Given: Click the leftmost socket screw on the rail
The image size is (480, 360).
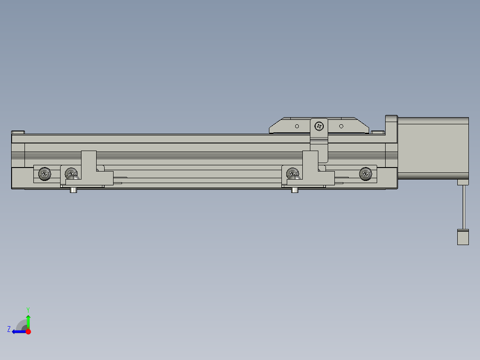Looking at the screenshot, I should click(x=45, y=174).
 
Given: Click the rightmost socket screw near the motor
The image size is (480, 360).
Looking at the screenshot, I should click(x=365, y=174).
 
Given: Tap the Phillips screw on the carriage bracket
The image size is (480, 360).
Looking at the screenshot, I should click(x=319, y=126).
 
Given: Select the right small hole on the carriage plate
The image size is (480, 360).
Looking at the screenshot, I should click(x=341, y=126).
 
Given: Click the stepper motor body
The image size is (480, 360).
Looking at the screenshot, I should click(x=433, y=148).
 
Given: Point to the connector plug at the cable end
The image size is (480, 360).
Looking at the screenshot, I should click(x=463, y=237).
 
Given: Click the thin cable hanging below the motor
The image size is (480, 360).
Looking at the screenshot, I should click(x=464, y=207).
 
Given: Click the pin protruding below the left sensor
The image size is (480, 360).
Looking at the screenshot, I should click(x=73, y=190).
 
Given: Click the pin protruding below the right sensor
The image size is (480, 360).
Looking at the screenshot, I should click(x=294, y=190).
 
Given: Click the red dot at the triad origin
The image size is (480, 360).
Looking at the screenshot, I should click(x=28, y=331).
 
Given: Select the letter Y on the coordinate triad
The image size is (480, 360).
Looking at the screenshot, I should click(x=28, y=309).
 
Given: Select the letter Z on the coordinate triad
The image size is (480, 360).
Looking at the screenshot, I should click(x=9, y=329).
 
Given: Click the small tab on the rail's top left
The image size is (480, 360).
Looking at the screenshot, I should click(x=18, y=132).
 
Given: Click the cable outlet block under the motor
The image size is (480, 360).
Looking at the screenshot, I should click(x=463, y=182).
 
